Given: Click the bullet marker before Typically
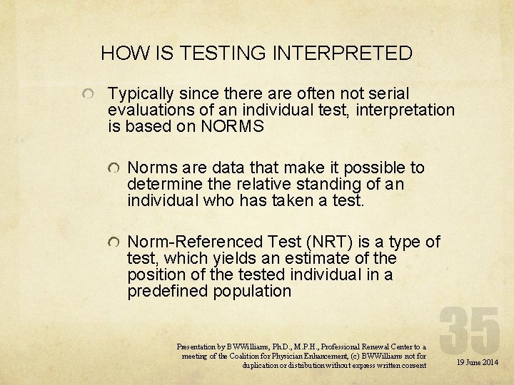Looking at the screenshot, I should tap(87, 95).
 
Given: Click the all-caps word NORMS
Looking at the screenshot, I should tap(232, 127).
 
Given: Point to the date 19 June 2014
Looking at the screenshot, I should tap(478, 363).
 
